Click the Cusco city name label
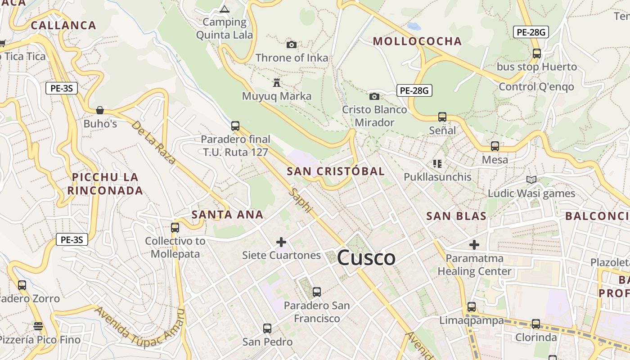click(366, 258)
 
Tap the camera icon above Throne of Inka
click(292, 45)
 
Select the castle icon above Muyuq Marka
click(277, 83)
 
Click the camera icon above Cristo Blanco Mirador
click(374, 96)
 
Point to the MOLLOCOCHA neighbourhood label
click(417, 41)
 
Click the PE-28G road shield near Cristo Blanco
click(414, 90)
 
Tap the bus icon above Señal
click(442, 117)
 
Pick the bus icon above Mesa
click(495, 146)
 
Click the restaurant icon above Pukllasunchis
click(437, 163)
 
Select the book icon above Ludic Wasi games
click(531, 180)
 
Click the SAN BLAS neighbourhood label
click(456, 216)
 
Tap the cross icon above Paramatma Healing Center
click(474, 245)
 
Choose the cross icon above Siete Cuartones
click(281, 242)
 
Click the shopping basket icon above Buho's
click(100, 110)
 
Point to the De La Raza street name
click(153, 142)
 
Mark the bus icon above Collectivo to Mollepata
click(175, 228)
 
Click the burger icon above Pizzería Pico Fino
click(38, 326)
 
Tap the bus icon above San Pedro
click(267, 328)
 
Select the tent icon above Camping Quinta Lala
click(225, 9)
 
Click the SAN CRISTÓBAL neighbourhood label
click(336, 171)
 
